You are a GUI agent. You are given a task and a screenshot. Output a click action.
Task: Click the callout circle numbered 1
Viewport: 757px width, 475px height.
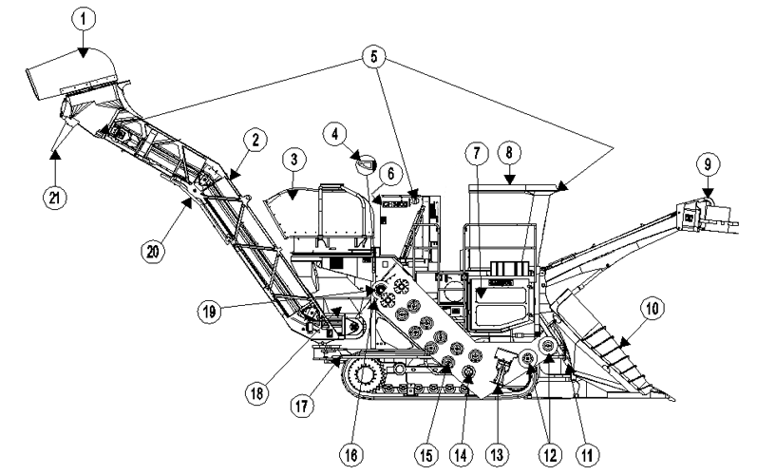[84, 19]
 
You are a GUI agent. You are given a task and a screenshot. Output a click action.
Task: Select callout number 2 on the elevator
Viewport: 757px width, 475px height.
[255, 140]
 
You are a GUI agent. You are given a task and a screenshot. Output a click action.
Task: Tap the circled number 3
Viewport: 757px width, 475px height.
[294, 160]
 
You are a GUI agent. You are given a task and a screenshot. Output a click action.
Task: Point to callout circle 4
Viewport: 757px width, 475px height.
[335, 134]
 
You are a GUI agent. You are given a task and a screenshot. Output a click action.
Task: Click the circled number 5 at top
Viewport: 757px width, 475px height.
[374, 57]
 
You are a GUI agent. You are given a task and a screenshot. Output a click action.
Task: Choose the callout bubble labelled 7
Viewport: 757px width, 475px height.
[477, 154]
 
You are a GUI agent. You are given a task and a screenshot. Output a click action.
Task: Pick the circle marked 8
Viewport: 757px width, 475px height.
[509, 153]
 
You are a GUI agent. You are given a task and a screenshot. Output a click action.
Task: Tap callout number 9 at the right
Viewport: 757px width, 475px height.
[708, 164]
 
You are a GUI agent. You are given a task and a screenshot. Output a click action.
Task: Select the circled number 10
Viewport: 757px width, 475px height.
[653, 309]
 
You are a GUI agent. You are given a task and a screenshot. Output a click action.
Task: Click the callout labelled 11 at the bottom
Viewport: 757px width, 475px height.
[588, 454]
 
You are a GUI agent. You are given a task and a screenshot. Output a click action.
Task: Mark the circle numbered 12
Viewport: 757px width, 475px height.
[550, 454]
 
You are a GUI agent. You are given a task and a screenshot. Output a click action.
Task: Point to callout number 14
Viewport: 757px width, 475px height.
[461, 454]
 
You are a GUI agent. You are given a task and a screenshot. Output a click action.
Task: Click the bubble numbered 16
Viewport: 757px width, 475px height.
[351, 454]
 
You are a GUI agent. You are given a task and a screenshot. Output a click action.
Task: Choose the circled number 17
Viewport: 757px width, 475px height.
[302, 406]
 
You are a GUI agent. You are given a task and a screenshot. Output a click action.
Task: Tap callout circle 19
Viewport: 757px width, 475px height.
[209, 312]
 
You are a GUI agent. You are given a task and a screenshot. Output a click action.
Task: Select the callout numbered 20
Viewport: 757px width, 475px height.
[153, 252]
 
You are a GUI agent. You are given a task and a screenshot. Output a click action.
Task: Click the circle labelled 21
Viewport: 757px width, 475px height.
[54, 197]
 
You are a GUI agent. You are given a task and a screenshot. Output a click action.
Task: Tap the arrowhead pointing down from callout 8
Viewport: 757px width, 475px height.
[510, 180]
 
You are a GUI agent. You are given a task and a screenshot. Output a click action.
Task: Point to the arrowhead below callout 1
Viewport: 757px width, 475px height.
[84, 52]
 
